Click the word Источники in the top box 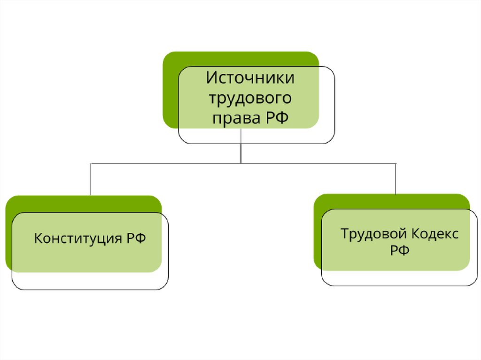pos(250,78)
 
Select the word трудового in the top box pos(250,98)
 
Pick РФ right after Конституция pos(136,238)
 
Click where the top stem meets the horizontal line pos(240,163)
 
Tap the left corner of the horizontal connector pos(90,163)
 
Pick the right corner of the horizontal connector pos(396,163)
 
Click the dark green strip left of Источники pos(170,94)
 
